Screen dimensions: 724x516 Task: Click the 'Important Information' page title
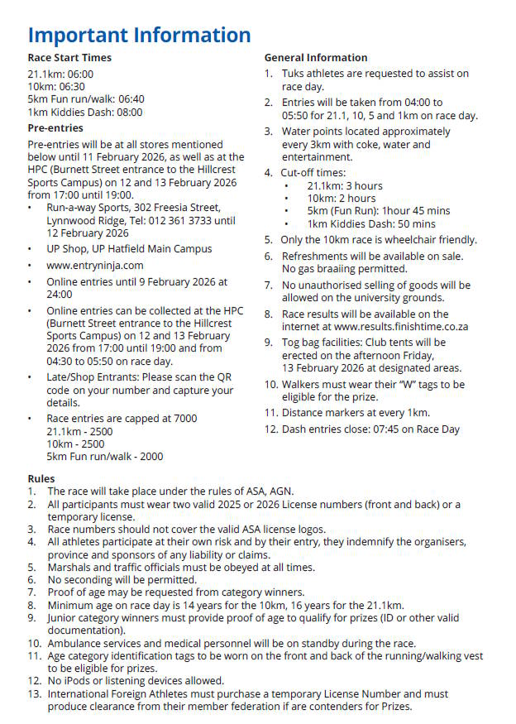[x=139, y=36]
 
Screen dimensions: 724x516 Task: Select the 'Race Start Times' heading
[x=69, y=58]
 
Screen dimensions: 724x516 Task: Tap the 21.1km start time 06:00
[x=79, y=74]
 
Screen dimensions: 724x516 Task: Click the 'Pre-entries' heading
[x=55, y=128]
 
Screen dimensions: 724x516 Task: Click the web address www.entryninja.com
[x=95, y=266]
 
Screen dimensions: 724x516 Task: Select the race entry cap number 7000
[x=183, y=419]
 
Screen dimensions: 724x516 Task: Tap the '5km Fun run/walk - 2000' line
[x=105, y=457]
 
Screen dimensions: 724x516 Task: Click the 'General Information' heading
[x=316, y=58]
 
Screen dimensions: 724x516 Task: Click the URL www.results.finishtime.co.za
[x=401, y=327]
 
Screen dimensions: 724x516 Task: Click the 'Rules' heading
[x=41, y=479]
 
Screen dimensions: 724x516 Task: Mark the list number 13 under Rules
[x=34, y=694]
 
